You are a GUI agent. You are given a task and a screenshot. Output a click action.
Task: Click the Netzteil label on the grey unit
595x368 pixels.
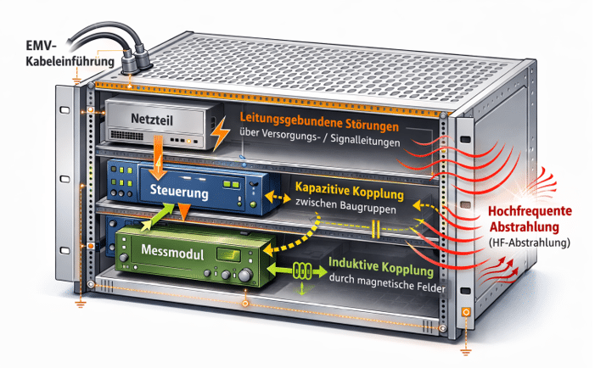[x=153, y=120]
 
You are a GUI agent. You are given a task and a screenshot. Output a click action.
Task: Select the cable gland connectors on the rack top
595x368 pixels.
[x=132, y=62]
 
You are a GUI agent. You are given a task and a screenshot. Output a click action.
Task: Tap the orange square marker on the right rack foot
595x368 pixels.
[x=465, y=313]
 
